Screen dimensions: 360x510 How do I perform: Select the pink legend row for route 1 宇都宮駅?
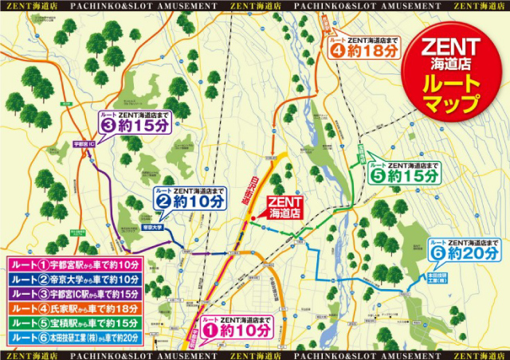(74, 264)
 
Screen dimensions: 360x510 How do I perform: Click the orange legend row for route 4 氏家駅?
(74, 308)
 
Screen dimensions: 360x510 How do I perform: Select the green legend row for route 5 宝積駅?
(74, 323)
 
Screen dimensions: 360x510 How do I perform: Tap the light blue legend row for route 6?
(74, 338)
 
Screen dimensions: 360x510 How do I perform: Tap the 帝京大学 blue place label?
(151, 227)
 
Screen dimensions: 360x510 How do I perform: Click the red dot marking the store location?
(252, 219)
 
